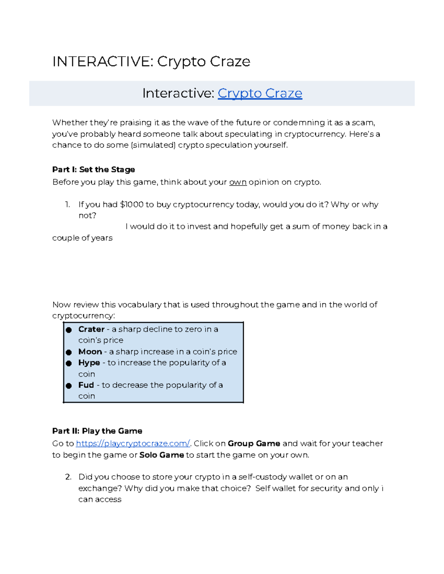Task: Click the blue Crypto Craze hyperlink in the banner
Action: coord(260,93)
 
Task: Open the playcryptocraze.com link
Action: coord(133,443)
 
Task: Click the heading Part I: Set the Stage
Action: coord(94,170)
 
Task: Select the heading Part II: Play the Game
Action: coord(97,431)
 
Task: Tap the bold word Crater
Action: coord(91,329)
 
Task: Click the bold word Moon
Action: coord(90,351)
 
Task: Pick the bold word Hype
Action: coord(89,363)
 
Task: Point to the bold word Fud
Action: coord(86,385)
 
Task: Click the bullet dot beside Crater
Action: coord(69,330)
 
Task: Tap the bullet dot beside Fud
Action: coord(69,386)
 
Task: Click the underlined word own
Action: coord(238,182)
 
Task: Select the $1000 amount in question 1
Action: coord(132,204)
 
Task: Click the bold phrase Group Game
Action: coord(254,444)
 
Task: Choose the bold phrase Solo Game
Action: coord(161,455)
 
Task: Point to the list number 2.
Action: coord(68,477)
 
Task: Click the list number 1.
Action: coord(67,204)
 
